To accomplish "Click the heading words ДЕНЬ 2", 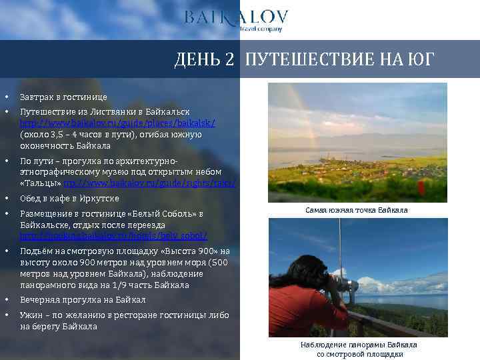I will point(204,60).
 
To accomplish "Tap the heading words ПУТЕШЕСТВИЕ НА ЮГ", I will point(339,60).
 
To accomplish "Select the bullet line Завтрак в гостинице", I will point(63,97).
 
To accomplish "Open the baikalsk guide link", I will point(117,123).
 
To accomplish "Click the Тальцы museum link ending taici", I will point(149,183).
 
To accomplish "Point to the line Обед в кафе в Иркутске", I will point(69,199).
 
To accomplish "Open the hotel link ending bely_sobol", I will point(113,236).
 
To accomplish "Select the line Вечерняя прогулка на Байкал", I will point(83,300).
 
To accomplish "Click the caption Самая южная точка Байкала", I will point(356,210).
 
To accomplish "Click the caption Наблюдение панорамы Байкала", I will point(359,345).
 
